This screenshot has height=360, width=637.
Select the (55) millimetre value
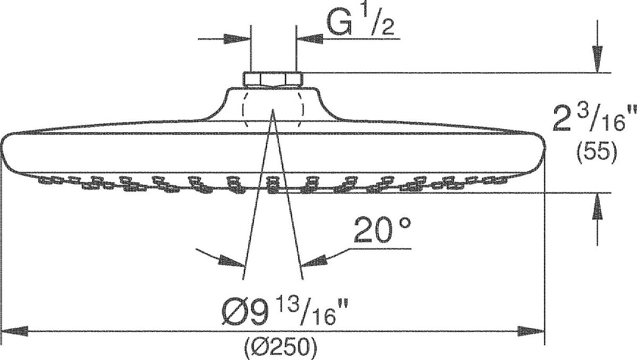click(x=597, y=153)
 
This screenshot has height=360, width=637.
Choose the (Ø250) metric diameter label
click(x=281, y=348)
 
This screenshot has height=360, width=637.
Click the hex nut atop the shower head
click(x=273, y=79)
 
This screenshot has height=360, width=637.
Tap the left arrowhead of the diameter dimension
click(x=15, y=331)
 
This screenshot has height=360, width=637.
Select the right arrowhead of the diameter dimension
click(x=531, y=331)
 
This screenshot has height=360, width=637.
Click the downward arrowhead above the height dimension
click(x=597, y=59)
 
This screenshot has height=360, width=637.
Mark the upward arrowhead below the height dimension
click(x=597, y=207)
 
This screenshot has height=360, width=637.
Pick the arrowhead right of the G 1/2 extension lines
click(x=310, y=39)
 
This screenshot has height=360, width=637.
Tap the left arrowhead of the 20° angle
click(x=231, y=261)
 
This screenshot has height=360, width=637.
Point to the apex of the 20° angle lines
click(x=273, y=109)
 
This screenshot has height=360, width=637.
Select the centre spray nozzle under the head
click(x=273, y=185)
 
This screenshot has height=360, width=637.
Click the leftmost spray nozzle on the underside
click(x=45, y=179)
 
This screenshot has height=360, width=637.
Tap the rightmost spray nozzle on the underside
click(x=501, y=179)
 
